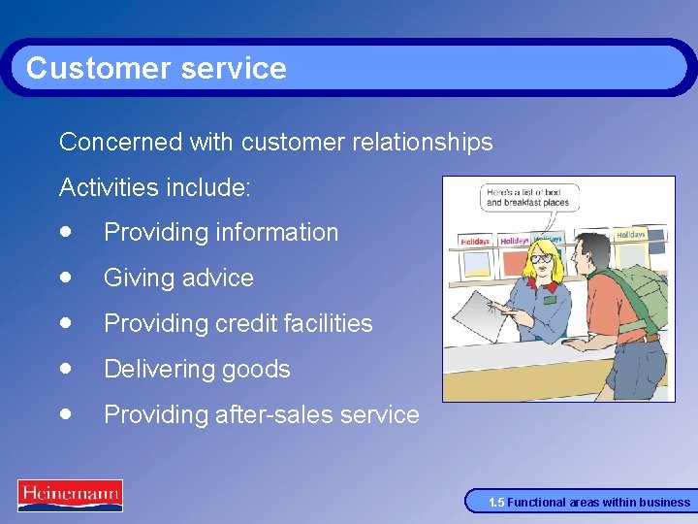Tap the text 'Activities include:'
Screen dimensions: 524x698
(x=155, y=187)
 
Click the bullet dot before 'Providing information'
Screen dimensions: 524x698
(x=65, y=232)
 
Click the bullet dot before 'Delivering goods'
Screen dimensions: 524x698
(x=65, y=369)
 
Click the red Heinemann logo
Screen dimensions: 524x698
(x=70, y=494)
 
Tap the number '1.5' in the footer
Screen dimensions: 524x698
(x=496, y=503)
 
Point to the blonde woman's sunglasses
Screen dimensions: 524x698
(x=541, y=261)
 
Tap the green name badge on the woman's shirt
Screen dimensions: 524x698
(x=550, y=301)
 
